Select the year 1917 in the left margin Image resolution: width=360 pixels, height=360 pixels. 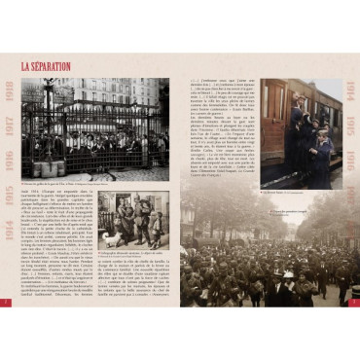click(x=10, y=126)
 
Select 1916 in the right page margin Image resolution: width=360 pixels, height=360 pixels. click(x=349, y=158)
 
